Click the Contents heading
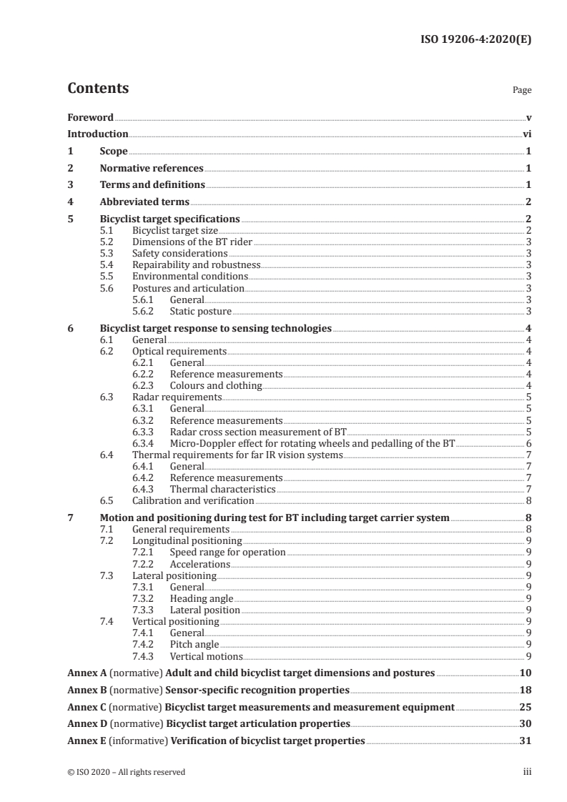tap(98, 89)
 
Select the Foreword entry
tap(90, 117)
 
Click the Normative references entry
tap(152, 169)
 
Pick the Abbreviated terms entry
tap(144, 202)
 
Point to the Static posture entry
tap(201, 312)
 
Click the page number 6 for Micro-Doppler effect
tap(528, 443)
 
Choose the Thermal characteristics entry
tap(222, 490)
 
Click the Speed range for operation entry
tap(227, 553)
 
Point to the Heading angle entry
tap(201, 598)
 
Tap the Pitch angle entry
tap(194, 645)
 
